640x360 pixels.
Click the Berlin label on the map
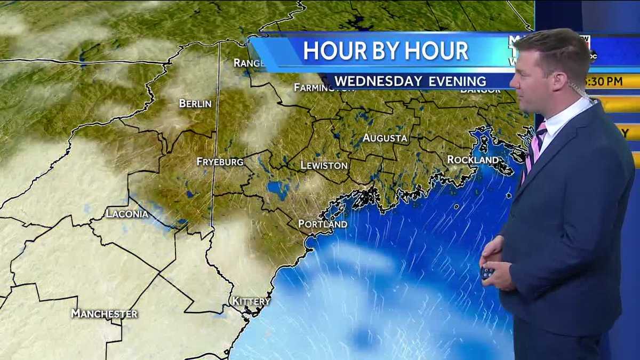click(x=195, y=103)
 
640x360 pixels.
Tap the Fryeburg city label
click(x=220, y=162)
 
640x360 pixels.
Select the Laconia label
click(x=127, y=214)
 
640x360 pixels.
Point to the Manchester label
click(x=105, y=313)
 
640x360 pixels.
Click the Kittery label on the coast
click(x=251, y=301)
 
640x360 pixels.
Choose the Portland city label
click(x=323, y=224)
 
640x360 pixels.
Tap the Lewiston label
click(x=324, y=165)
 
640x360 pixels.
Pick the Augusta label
click(x=385, y=138)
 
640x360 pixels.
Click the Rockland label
click(x=473, y=159)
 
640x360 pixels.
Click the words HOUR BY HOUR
click(x=386, y=51)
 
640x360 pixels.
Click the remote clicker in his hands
click(x=486, y=273)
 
